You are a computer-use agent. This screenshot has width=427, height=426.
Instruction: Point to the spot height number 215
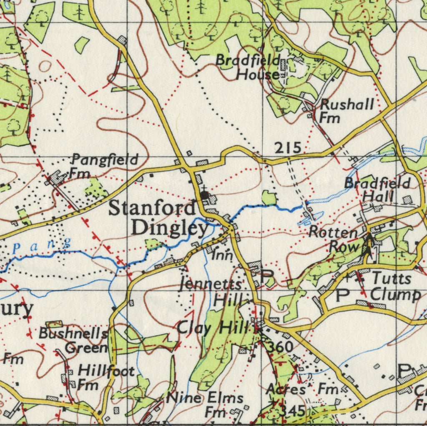point(288,148)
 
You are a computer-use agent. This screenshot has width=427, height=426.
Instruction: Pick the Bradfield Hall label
point(377,189)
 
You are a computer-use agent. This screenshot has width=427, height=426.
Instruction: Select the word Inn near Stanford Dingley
point(222,255)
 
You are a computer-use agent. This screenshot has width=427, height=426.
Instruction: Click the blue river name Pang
point(42,246)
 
